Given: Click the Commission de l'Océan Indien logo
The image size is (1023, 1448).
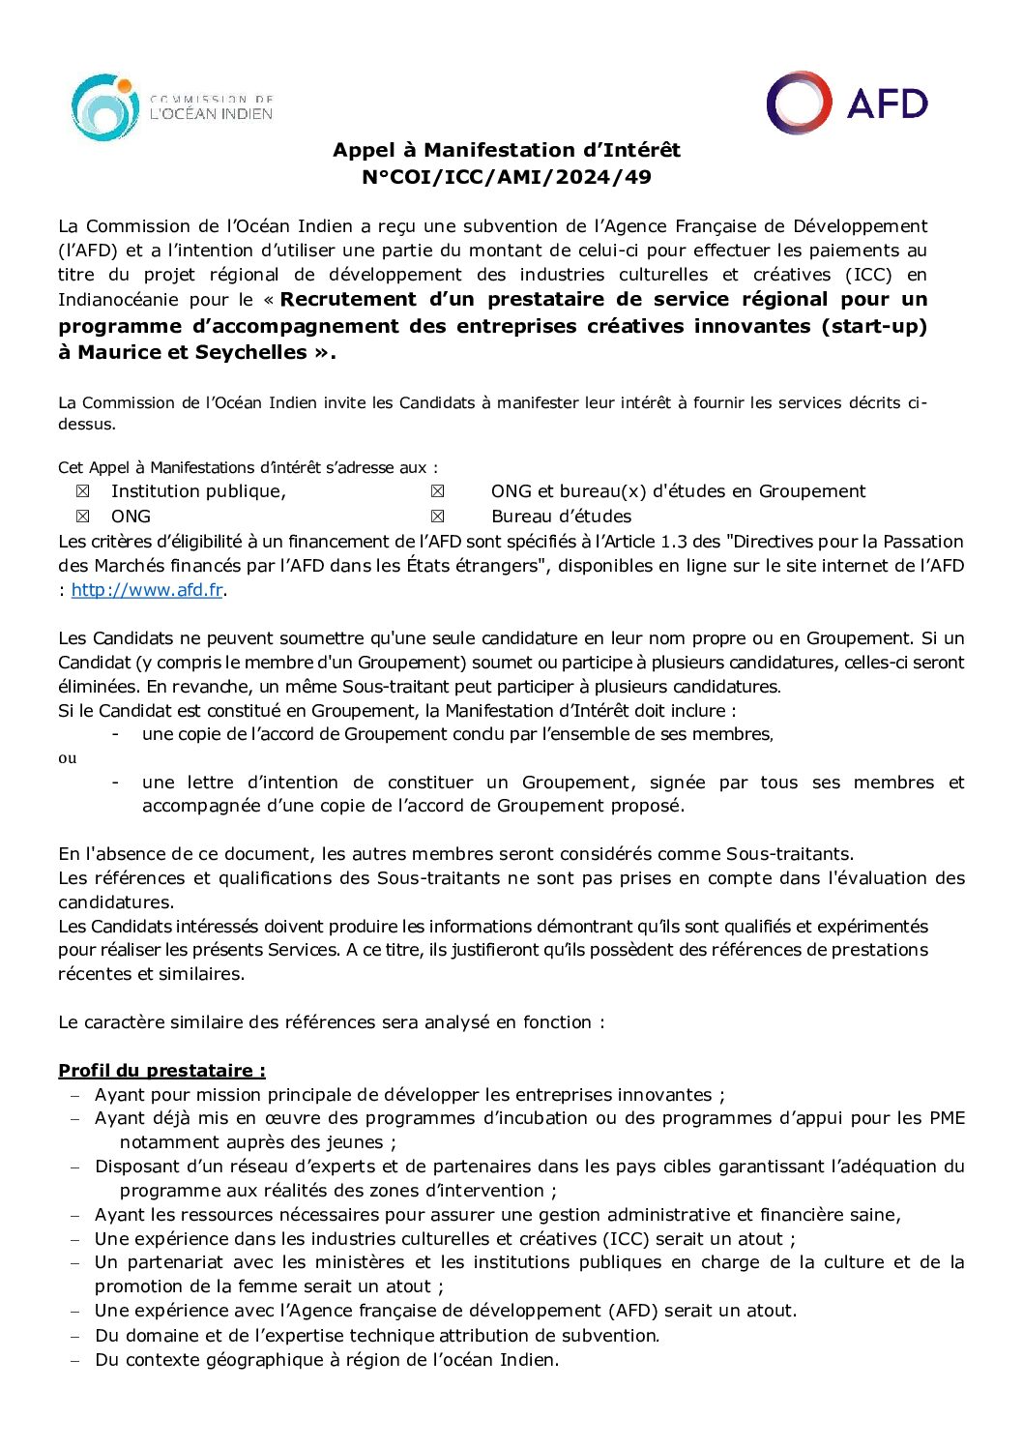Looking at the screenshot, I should tap(171, 107).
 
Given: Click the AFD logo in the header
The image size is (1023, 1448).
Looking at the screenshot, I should tap(847, 103).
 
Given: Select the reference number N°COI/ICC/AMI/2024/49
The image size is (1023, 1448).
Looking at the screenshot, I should tap(507, 177).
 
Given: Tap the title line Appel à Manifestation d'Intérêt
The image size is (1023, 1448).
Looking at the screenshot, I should tap(507, 150).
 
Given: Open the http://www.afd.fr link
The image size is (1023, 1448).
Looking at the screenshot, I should tap(147, 590).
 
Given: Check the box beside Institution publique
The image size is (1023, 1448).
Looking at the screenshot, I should tap(82, 491).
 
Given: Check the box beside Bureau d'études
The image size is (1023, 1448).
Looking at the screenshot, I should tap(438, 517).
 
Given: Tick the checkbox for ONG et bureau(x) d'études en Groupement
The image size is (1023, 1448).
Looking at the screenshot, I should tap(438, 491).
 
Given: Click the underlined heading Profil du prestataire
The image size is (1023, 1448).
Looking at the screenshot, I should tap(161, 1071).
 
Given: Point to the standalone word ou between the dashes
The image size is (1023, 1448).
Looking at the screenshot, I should tap(67, 758).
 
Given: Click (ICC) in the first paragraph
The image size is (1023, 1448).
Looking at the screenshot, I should tap(867, 275).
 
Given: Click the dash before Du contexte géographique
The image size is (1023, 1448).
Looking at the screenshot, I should tap(75, 1360).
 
